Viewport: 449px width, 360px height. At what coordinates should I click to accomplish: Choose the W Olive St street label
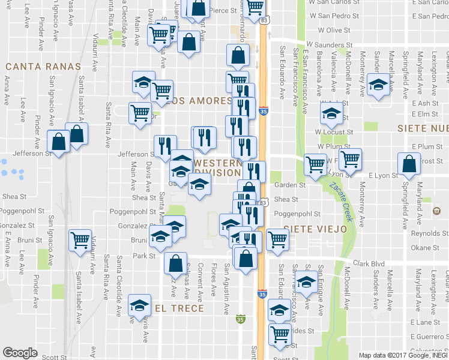[334, 30]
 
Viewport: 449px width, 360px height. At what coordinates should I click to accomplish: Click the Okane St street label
[426, 248]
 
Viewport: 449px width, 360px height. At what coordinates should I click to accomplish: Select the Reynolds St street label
[430, 233]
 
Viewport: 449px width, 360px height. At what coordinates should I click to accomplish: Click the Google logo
[20, 353]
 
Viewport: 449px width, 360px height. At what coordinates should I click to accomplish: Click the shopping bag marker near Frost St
[409, 164]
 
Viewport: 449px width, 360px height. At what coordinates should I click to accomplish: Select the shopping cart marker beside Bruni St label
[80, 241]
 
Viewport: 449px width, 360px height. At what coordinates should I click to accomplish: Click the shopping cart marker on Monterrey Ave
[350, 159]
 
